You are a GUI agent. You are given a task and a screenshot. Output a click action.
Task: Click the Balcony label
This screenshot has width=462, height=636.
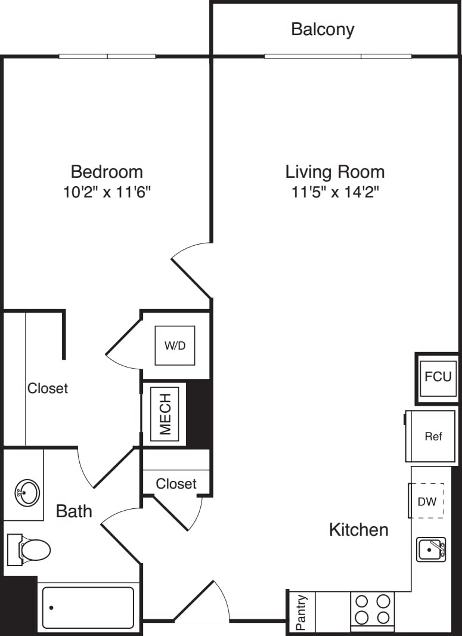(323, 29)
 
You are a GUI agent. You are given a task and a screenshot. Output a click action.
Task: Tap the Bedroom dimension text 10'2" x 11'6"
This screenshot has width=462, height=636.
(107, 192)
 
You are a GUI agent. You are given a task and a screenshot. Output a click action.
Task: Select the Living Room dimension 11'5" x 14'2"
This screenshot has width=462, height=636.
(334, 192)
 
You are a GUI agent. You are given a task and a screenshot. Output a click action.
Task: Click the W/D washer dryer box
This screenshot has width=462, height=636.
(175, 345)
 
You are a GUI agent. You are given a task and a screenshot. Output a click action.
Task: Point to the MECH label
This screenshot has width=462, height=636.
(165, 413)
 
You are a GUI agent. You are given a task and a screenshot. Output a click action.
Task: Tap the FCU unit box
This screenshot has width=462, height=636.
(438, 377)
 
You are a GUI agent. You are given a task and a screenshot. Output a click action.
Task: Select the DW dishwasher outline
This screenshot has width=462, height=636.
(427, 501)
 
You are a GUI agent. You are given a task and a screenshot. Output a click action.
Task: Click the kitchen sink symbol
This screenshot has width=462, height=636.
(430, 549)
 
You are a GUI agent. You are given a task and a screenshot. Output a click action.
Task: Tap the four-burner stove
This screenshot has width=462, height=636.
(373, 609)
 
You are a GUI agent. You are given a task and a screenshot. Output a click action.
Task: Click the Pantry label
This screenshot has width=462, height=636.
(302, 612)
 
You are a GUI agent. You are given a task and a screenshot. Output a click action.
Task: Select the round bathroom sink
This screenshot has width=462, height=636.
(27, 493)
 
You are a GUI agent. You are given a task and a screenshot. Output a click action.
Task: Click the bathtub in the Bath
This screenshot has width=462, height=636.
(88, 608)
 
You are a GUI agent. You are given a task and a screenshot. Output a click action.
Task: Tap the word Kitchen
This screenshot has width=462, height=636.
(358, 529)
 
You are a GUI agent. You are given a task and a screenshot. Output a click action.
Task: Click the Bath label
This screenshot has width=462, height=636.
(74, 511)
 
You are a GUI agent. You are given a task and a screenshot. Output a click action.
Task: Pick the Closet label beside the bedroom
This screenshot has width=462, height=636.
(48, 388)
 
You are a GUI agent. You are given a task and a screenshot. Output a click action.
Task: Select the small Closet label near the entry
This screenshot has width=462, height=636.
(176, 483)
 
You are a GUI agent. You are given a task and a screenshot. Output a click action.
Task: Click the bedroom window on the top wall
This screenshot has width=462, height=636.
(107, 57)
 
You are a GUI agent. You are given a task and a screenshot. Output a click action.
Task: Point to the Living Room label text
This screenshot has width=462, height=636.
(334, 172)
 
